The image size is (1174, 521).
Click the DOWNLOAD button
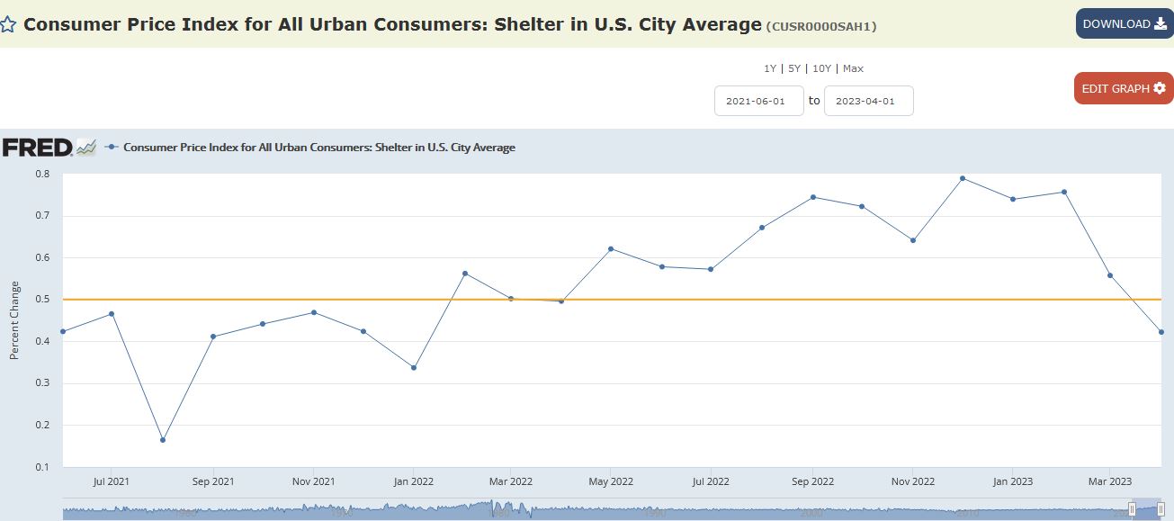pos(1124,24)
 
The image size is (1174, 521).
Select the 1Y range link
pos(769,68)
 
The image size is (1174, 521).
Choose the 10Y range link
pos(821,68)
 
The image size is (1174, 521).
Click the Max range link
pos(853,68)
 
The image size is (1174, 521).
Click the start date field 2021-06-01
pos(758,101)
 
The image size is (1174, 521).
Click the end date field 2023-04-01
pos(868,101)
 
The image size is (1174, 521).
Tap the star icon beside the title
pos(9,25)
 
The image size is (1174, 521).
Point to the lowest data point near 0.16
pos(163,440)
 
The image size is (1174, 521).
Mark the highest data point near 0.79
pos(963,178)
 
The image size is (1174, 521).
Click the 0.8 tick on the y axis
pos(42,174)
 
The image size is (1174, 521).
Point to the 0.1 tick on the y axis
pos(42,467)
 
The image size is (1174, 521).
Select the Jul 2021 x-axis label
pos(112,481)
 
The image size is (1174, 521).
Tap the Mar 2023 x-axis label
pos(1110,481)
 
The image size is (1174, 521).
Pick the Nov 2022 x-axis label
pos(912,481)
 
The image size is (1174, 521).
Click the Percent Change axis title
pos(14,320)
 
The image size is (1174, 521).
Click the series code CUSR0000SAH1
pos(820,27)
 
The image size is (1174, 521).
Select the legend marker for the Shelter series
pos(112,147)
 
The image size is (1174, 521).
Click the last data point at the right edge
pos(1161,332)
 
